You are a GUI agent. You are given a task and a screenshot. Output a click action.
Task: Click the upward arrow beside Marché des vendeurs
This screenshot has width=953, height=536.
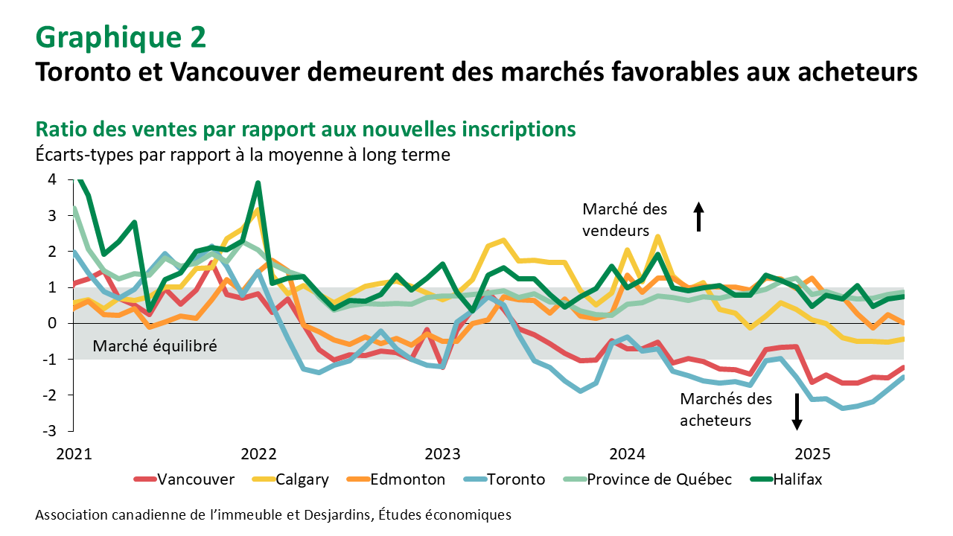click(698, 217)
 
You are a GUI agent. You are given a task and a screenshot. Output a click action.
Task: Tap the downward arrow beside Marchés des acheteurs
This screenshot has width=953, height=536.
click(797, 411)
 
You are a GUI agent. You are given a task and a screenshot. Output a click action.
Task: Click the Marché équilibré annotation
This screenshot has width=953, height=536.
click(155, 345)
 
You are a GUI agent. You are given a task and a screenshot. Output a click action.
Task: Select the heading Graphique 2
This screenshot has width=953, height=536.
click(121, 36)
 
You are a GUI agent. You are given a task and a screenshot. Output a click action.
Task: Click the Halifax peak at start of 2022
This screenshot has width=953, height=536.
click(258, 183)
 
